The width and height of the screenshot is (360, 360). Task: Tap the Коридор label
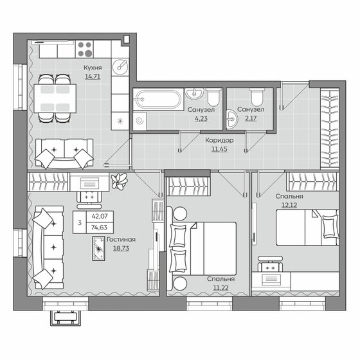pos(215,140)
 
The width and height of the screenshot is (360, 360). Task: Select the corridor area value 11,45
pos(215,150)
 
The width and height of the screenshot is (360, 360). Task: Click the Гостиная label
pos(120,238)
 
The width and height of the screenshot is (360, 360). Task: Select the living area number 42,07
pos(100,216)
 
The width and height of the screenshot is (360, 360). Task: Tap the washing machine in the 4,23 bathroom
pos(140,120)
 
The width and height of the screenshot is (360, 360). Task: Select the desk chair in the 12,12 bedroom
pos(270,265)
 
